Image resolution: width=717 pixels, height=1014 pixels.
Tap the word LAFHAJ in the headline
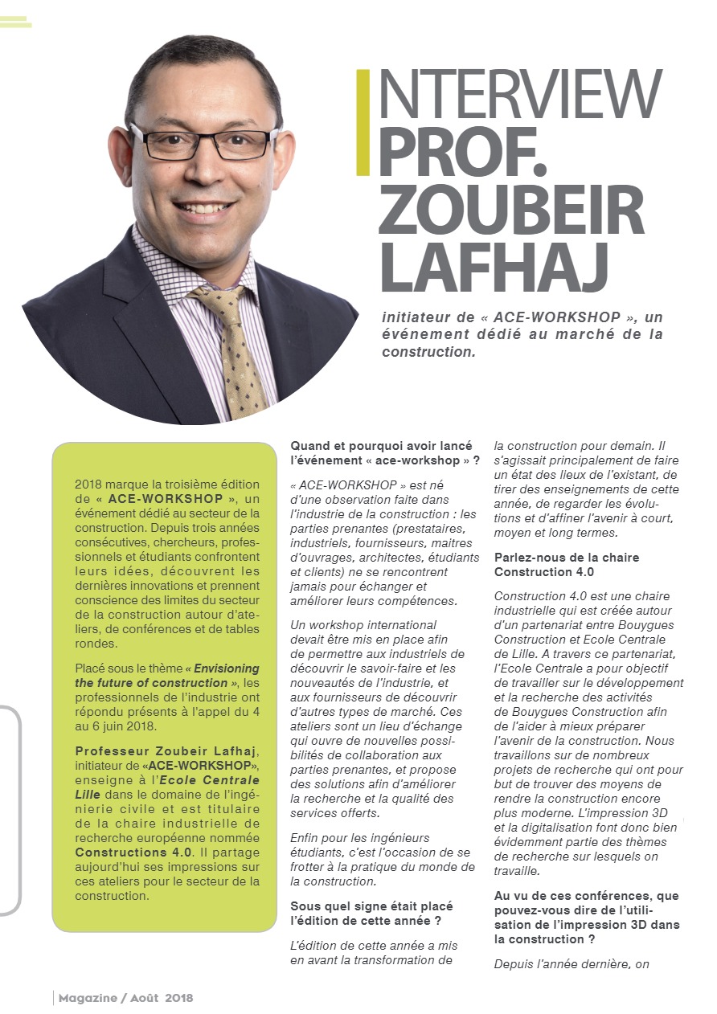click(492, 268)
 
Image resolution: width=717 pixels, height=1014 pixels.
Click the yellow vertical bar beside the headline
click(363, 122)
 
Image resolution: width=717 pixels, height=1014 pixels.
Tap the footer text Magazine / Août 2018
click(125, 998)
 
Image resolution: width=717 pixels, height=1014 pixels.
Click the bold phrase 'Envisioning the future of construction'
click(169, 676)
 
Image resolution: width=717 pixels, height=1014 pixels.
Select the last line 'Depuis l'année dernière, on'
click(572, 963)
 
